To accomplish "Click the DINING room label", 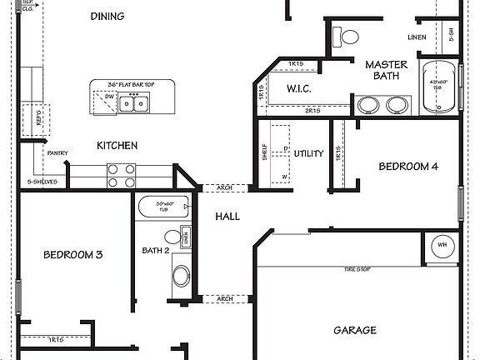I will click(x=107, y=17).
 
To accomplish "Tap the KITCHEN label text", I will click(x=117, y=146).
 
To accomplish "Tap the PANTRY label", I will click(x=57, y=152).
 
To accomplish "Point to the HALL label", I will click(x=227, y=217).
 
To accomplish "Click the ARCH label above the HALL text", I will click(x=224, y=187).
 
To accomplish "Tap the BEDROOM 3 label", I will click(x=72, y=254).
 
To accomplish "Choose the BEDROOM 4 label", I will click(x=408, y=167).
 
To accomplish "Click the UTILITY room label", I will click(x=308, y=153).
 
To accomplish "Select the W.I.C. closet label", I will click(x=299, y=88).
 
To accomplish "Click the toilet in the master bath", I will click(x=346, y=37).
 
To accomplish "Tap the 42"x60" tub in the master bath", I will click(x=438, y=87).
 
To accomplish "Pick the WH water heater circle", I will click(x=442, y=246).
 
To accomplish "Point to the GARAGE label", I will click(x=355, y=331).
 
